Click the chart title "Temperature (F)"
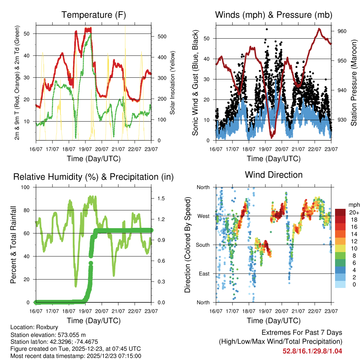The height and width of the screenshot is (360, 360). coord(94,15)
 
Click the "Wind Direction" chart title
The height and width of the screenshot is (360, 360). coord(274,174)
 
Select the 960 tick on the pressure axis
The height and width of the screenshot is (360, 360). coord(342,31)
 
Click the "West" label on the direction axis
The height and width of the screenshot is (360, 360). coord(204,216)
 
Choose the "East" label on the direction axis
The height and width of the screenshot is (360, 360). coord(205,274)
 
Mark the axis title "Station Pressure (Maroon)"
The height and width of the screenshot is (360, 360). coord(354,82)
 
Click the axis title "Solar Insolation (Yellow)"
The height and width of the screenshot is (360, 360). coord(172,83)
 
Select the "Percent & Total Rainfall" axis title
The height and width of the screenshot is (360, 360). coord(14,245)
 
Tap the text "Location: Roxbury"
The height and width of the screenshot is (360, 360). coord(34,327)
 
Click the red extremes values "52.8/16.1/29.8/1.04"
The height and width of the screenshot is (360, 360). coord(312,351)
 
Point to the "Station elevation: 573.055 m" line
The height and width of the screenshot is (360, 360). coord(48,335)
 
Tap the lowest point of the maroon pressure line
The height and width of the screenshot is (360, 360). coord(272,137)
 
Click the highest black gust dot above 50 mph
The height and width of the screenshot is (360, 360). coord(267,29)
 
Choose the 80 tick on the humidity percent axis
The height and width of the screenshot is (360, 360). coord(28,210)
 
